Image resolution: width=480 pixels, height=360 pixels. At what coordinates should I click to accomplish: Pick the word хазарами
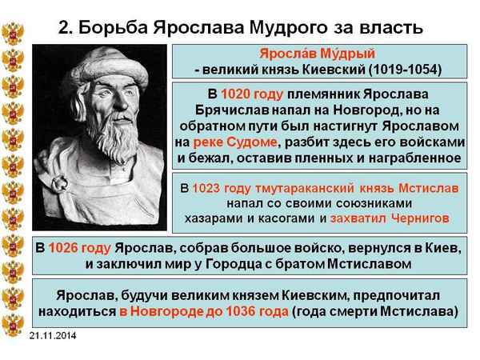[x=209, y=218]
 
